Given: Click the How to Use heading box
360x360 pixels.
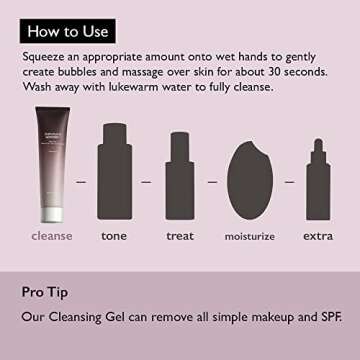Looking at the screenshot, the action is coord(68,31).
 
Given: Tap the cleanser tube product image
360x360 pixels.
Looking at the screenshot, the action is coord(53,164).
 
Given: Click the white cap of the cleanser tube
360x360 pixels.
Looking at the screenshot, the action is coord(53,215).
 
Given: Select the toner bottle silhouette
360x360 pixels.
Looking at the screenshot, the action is coord(114,171).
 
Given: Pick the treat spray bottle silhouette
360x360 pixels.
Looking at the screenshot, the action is coord(180,176).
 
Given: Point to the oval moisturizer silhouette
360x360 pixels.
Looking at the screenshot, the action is coord(250,180).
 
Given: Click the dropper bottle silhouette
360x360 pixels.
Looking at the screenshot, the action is coord(318,179).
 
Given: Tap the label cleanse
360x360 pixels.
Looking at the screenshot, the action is coord(52,236).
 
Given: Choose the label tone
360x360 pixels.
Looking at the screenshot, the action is coord(114,236).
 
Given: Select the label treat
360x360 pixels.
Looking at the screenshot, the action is coord(180,236).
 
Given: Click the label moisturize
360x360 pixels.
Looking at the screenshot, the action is coord(250,236).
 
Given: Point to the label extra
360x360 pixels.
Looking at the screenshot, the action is coord(318,236).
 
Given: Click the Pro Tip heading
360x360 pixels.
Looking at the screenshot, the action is coord(45,292).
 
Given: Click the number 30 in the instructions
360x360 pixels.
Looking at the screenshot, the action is coord(261,72).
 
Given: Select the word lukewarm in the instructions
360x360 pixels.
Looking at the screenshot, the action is coord(122,87).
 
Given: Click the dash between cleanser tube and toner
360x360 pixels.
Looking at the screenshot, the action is coord(81,182).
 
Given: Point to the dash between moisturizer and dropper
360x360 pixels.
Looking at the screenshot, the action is coord(290,182).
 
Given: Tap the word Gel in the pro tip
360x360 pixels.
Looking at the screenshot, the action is coord(114,317).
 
